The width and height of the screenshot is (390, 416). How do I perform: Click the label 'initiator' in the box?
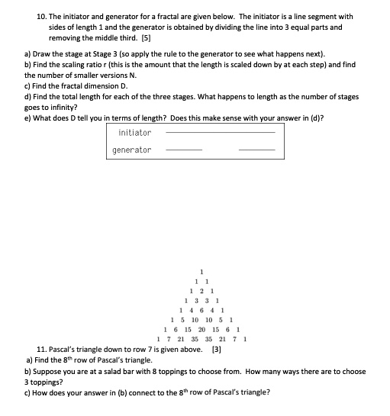(134, 133)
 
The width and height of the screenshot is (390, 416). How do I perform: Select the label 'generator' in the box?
(131, 150)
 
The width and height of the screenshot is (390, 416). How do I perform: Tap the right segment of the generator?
(256, 150)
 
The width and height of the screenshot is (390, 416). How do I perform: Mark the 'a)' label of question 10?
(28, 55)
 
